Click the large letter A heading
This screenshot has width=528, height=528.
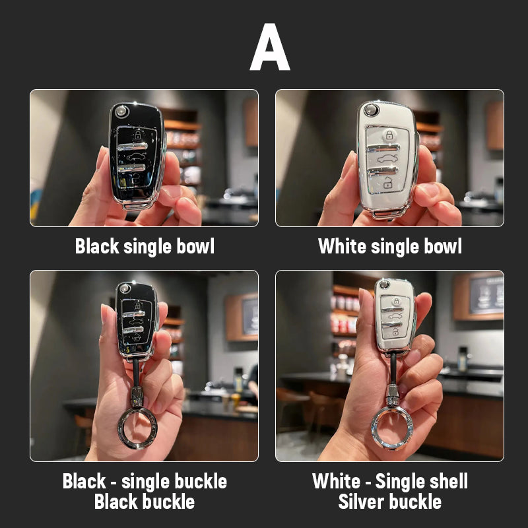coord(270,47)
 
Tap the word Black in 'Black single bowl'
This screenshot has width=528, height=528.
coord(97,246)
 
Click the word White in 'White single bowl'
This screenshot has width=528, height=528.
coord(342,246)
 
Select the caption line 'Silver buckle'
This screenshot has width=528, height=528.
coord(389,502)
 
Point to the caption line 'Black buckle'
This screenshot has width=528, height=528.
coord(145,502)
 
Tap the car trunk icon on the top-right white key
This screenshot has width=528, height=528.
coord(387,158)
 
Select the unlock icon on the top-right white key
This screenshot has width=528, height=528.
coord(387,184)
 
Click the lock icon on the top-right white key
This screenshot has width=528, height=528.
coord(389,135)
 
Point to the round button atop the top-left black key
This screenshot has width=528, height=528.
coord(121,112)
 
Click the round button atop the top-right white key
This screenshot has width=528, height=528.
coord(371,110)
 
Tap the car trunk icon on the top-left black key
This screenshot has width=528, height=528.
coord(137,156)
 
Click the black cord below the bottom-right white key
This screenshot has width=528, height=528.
coord(393,368)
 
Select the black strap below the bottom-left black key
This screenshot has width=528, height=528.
coord(136,373)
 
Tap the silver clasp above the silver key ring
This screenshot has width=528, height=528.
coord(392,395)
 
